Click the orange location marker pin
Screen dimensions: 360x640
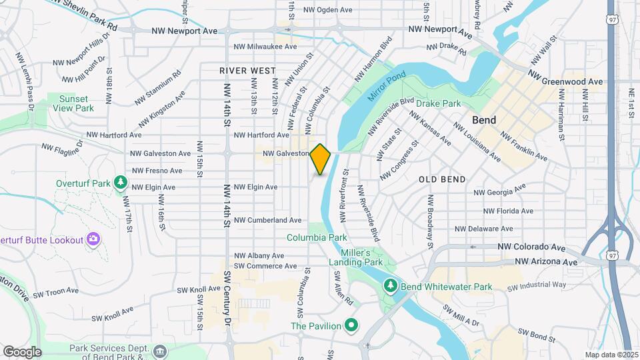pyautogui.click(x=321, y=159)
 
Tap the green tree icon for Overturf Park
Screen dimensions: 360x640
pyautogui.click(x=120, y=182)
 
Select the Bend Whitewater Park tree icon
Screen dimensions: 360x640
pyautogui.click(x=391, y=286)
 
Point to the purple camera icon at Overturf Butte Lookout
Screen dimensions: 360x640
pyautogui.click(x=93, y=239)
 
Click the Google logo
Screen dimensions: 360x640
pyautogui.click(x=22, y=351)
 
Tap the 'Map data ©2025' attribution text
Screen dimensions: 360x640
pyautogui.click(x=611, y=355)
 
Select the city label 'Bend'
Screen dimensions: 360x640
pyautogui.click(x=484, y=121)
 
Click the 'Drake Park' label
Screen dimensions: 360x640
pyautogui.click(x=439, y=104)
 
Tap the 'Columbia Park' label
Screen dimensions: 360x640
pyautogui.click(x=317, y=237)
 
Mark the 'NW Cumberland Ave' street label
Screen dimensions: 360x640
pyautogui.click(x=268, y=220)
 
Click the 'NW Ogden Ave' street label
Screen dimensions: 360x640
pyautogui.click(x=327, y=10)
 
